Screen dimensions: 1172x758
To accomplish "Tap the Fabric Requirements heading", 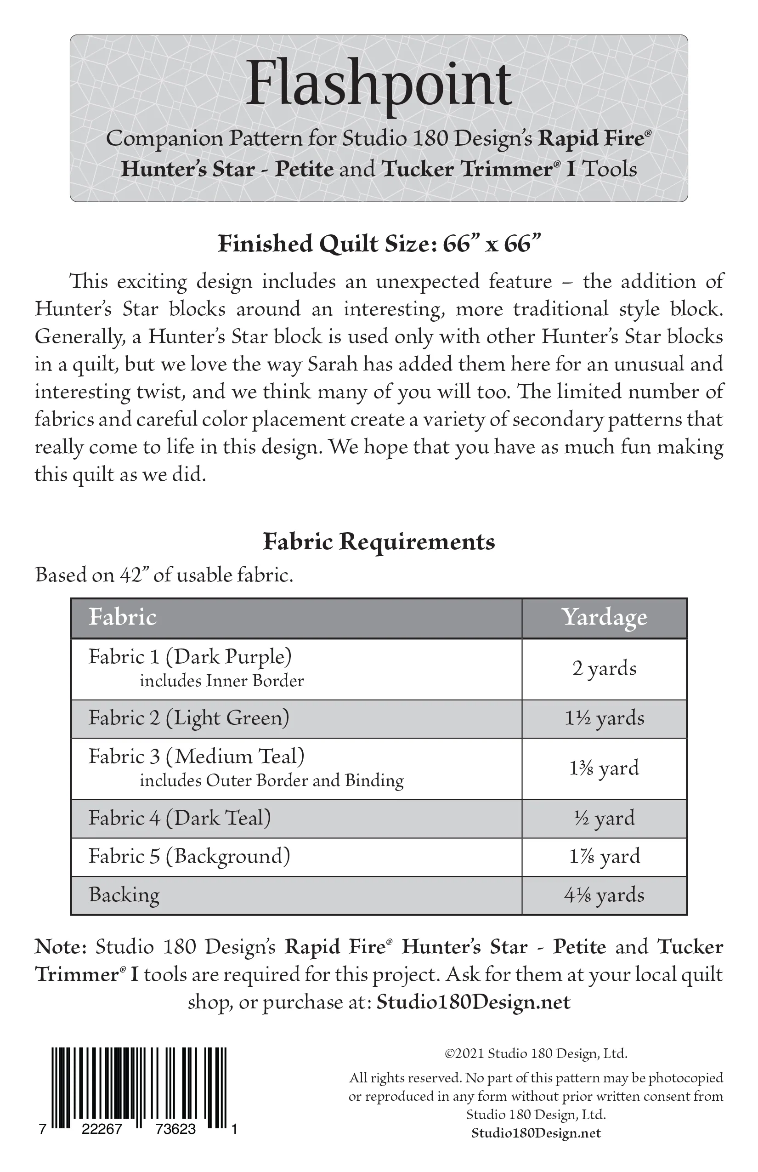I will pos(379,542).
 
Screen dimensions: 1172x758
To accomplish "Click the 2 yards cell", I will pos(604,669).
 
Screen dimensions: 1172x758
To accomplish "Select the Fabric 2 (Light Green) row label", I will pos(189,718).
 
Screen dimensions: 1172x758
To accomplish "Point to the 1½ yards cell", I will pos(604,718).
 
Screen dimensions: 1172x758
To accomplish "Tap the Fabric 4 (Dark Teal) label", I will pos(180,818).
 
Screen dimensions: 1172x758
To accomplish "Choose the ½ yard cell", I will pos(604,818).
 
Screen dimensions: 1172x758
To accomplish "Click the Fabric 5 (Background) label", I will pos(189,856).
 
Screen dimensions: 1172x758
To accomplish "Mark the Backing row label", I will pos(124,895).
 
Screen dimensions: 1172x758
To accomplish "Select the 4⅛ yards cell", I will pos(604,895).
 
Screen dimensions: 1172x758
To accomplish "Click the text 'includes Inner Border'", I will pos(221,681).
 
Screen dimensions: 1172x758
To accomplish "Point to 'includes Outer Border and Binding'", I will pos(271,780).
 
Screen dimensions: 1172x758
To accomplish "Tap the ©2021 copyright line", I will pos(536,1053).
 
